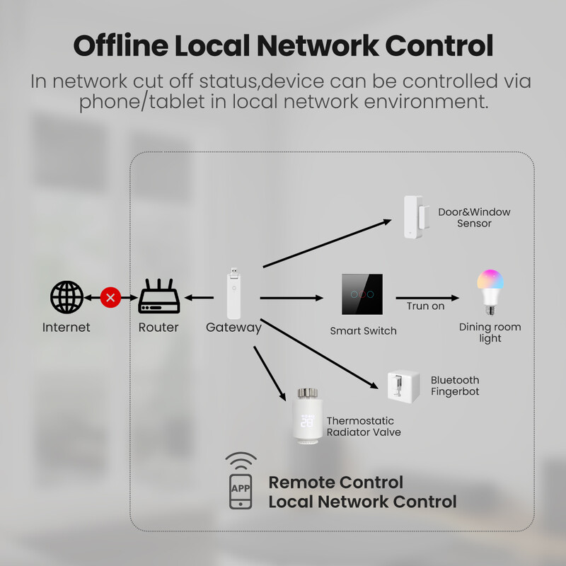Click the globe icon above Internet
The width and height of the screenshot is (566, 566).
[67, 297]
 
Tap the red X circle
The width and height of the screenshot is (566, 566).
[110, 297]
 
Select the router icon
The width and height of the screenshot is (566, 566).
[158, 296]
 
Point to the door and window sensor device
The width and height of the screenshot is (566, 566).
[412, 217]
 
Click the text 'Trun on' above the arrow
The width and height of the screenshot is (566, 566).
[425, 306]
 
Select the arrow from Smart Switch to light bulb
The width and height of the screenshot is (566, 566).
[427, 298]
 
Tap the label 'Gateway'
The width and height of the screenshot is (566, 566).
[233, 328]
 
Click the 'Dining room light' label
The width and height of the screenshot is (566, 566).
[490, 333]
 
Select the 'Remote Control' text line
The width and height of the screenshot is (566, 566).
[335, 483]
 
